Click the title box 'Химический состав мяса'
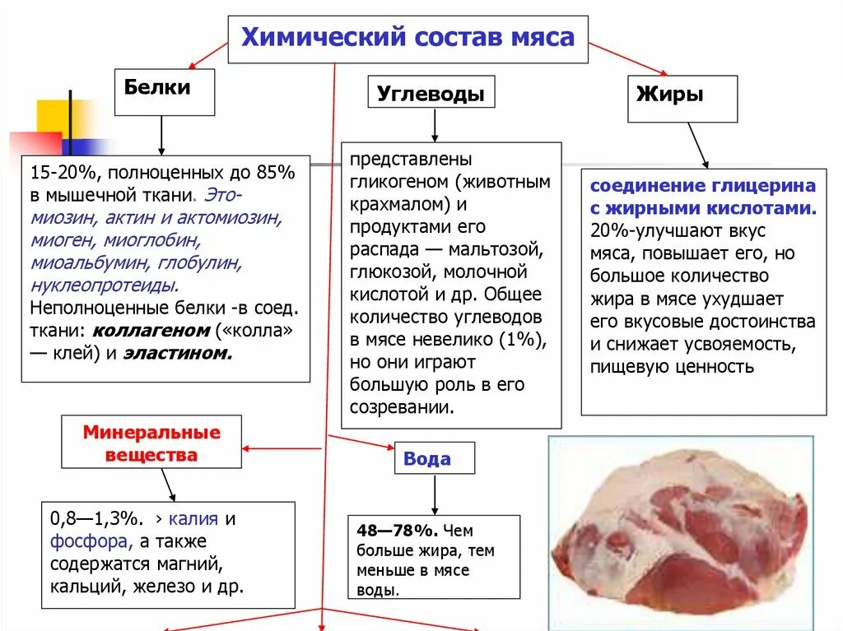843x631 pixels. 408,39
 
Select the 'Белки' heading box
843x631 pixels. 164,91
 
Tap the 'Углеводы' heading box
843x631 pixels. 431,93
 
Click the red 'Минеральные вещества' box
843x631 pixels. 151,443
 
